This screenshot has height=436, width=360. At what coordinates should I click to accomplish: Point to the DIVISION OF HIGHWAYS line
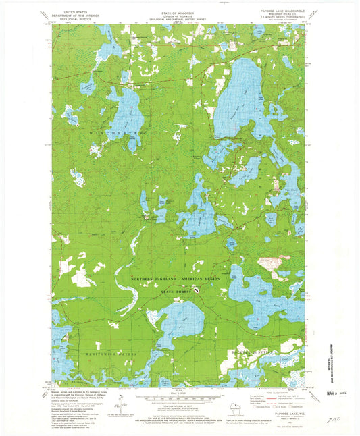point(179,15)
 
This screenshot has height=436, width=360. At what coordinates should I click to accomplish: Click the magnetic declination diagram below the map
point(120,405)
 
